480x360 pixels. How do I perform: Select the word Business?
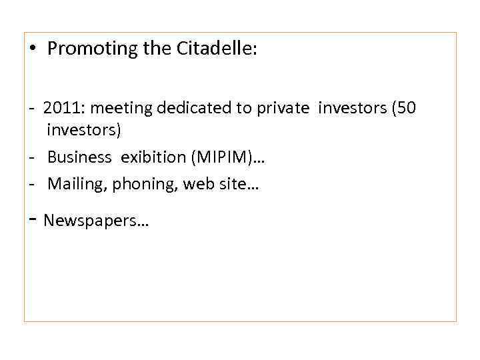(x=79, y=157)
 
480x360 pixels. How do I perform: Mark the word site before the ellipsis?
(x=232, y=184)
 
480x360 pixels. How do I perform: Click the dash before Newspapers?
(x=32, y=218)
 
